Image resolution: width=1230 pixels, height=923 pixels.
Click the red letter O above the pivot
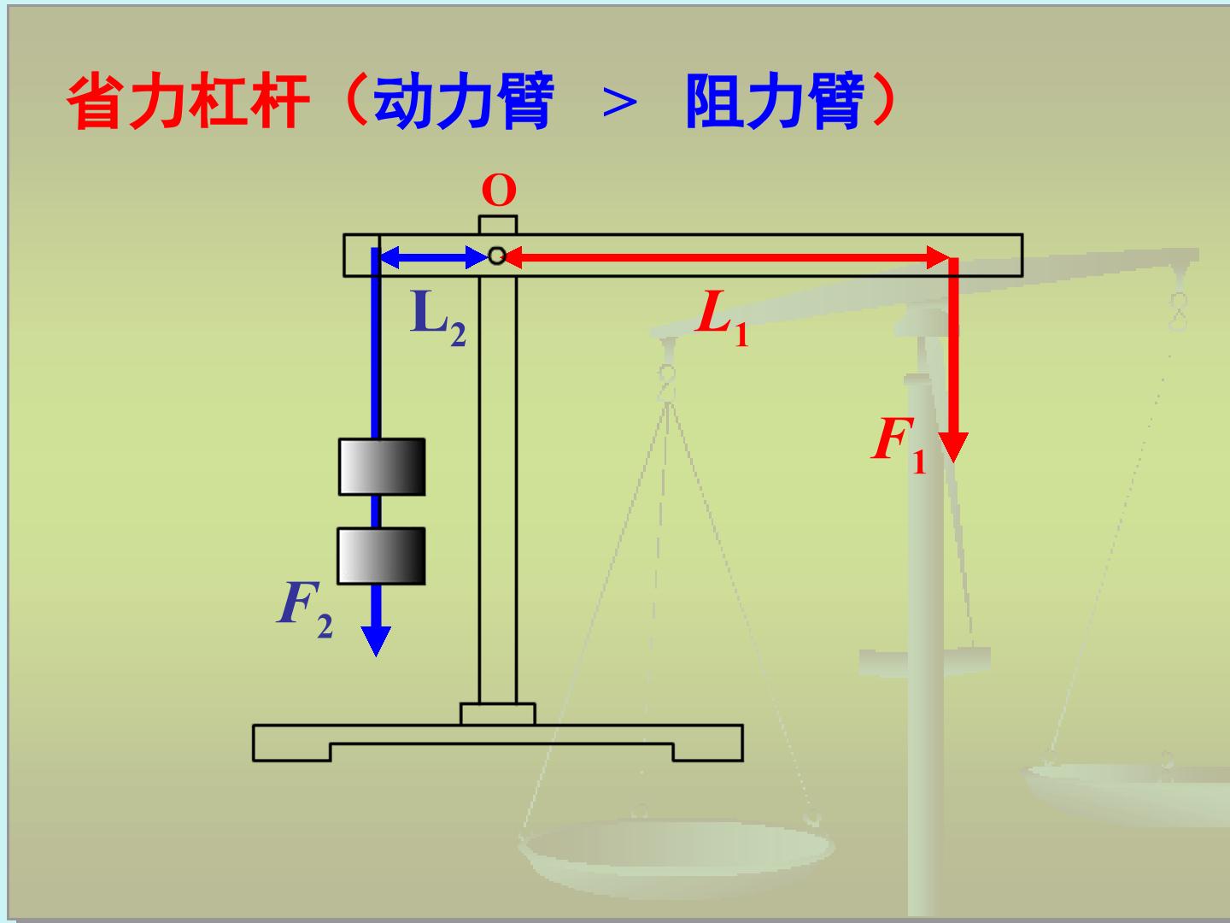(x=499, y=191)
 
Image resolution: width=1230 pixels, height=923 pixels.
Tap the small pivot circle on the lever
(x=497, y=256)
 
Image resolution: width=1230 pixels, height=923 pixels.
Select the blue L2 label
(x=438, y=318)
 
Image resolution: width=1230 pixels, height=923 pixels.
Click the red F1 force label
(x=899, y=445)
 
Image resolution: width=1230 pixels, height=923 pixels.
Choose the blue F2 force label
(x=306, y=609)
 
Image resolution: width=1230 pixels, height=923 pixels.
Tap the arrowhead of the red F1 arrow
(x=954, y=447)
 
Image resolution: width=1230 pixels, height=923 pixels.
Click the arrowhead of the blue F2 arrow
(x=376, y=641)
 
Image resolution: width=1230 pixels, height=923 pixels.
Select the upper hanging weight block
(x=382, y=467)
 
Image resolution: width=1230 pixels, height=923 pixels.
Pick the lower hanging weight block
(x=381, y=556)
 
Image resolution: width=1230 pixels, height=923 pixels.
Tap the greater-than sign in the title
(x=620, y=103)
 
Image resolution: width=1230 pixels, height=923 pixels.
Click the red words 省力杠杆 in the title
(x=188, y=101)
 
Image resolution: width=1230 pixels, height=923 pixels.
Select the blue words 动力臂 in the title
(x=464, y=101)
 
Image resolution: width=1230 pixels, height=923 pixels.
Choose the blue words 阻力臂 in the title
(x=776, y=101)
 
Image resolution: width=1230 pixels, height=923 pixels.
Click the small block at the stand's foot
(x=498, y=714)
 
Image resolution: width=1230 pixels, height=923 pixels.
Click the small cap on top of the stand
(x=498, y=225)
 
